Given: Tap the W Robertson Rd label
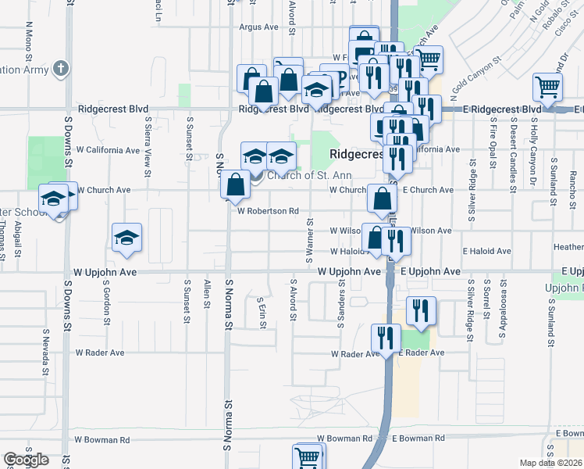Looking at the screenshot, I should coord(268,211).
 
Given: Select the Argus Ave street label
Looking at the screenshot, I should coord(259,27).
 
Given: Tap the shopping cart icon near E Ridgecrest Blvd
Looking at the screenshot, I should coord(547,88).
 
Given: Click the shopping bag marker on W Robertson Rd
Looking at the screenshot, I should coord(235,185).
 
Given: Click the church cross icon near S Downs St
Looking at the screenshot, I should coord(61,68).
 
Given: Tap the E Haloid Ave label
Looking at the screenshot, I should coord(486,251).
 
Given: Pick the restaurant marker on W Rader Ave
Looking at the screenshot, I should coord(386,338).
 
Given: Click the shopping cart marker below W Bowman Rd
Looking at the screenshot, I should coord(308,456).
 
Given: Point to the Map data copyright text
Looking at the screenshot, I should coord(550,463).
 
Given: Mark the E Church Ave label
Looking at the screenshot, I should coord(428,190).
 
